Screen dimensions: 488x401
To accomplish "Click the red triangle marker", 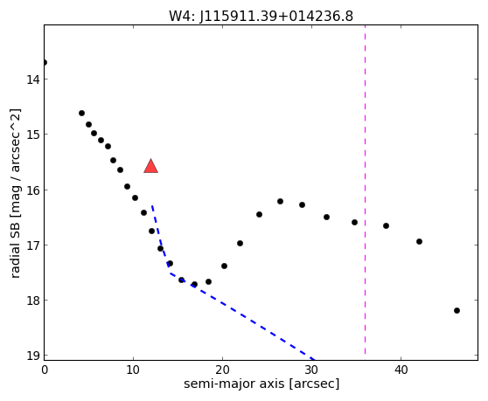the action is point(151,166).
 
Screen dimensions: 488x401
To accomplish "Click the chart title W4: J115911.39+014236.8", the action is point(261,16).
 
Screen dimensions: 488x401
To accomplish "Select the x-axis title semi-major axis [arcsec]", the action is point(261,384).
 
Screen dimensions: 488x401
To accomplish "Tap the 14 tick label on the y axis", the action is point(33,80).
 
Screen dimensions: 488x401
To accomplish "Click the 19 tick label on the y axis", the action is point(33,356).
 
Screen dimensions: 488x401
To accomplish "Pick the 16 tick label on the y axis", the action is point(33,190).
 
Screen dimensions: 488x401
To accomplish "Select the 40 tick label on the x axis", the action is point(401,370).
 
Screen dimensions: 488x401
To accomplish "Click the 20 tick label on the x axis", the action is point(222,370).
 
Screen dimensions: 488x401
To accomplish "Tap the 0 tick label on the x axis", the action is point(45,370).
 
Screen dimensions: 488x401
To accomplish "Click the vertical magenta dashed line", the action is point(365,190).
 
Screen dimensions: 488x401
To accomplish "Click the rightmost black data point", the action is point(457,310).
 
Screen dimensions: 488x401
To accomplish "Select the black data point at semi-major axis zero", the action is point(45,63).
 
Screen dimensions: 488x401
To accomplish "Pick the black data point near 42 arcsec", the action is point(419,241).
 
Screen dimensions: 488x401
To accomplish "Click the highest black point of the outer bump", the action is point(280,201).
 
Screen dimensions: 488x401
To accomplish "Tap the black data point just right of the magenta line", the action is point(386,225).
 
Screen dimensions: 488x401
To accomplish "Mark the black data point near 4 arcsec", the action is point(81,113).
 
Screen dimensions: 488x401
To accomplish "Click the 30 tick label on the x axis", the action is point(311,370).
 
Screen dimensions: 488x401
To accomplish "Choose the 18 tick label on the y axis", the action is point(33,301).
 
